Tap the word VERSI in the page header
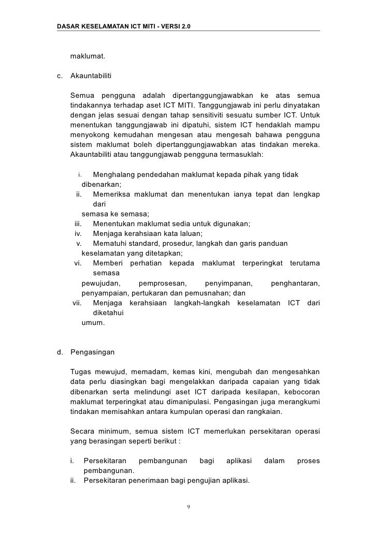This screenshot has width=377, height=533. [x=168, y=26]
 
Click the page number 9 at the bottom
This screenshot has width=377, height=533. [x=189, y=506]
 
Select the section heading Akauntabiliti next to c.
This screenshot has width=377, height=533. [x=91, y=77]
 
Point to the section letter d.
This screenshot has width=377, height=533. [x=60, y=352]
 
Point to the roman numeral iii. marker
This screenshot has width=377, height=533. [x=79, y=224]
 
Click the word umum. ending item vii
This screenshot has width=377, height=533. [x=93, y=322]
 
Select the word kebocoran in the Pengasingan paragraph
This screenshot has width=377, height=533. [x=300, y=391]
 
